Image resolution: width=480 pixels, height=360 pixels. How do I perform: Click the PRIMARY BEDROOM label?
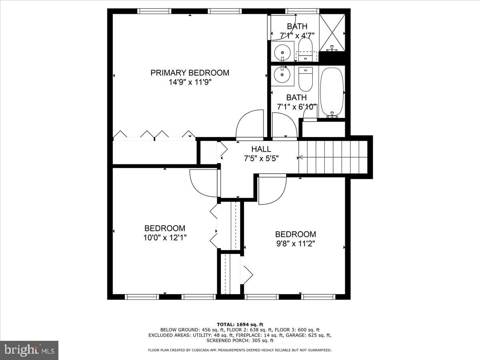[x=190, y=73]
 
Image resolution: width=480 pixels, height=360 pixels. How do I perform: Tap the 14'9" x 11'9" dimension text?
[x=190, y=82]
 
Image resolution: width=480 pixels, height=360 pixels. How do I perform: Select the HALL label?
[x=261, y=149]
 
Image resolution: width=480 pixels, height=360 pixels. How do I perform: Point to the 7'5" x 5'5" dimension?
[x=261, y=158]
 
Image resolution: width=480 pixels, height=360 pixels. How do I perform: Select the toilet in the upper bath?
[x=305, y=50]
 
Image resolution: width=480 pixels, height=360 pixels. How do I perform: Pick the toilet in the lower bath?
[x=305, y=79]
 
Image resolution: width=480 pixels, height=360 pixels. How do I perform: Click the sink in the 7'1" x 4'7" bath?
[x=283, y=52]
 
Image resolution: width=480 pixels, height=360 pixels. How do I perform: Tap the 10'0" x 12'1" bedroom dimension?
[x=165, y=237]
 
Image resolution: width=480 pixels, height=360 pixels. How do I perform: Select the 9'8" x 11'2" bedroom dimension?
[x=295, y=243]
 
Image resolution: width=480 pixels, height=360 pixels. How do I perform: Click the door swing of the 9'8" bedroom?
[x=272, y=190]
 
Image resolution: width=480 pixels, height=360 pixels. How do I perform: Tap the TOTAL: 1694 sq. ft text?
[x=240, y=324]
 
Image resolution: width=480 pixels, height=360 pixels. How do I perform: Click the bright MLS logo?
[x=29, y=350]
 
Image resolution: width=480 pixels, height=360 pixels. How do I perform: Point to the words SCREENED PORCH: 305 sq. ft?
[x=240, y=341]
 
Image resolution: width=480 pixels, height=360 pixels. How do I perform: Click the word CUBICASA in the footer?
[x=211, y=350]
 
